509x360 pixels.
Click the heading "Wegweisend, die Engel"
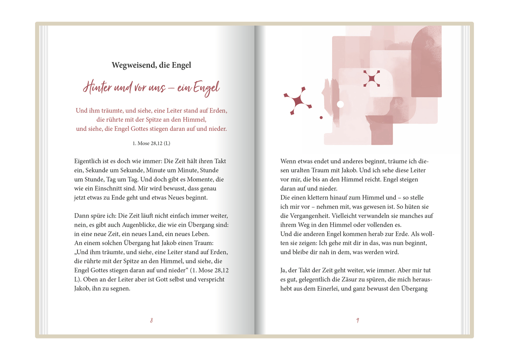[151, 65]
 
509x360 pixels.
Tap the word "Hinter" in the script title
[97, 87]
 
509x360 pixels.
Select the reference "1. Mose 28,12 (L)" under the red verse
[151, 143]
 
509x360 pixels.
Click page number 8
[151, 321]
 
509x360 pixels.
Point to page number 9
[357, 321]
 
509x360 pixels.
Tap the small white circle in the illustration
[340, 104]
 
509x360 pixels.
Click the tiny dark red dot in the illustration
[321, 118]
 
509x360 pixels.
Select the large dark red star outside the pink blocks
[297, 101]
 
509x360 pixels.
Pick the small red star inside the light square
[371, 78]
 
